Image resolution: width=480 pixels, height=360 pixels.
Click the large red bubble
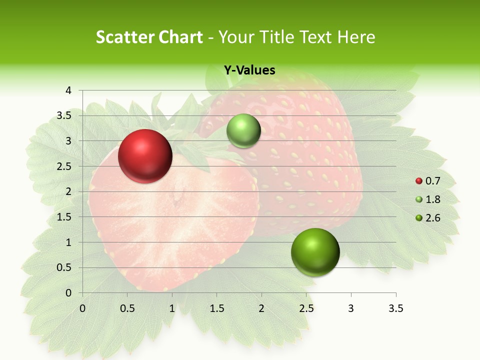click(x=145, y=156)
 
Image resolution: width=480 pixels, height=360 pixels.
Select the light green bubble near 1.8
click(x=243, y=130)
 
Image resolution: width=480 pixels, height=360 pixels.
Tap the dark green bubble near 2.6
click(x=315, y=252)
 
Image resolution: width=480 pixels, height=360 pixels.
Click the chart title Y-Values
click(x=249, y=70)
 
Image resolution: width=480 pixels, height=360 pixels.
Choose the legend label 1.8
click(x=433, y=199)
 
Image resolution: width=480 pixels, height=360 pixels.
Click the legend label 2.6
click(x=433, y=217)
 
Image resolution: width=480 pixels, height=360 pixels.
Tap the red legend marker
click(x=419, y=181)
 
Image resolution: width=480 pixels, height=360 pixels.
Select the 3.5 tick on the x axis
click(x=395, y=308)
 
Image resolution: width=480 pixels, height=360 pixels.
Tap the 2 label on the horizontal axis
click(x=261, y=308)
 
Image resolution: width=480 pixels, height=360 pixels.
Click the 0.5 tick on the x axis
click(x=127, y=308)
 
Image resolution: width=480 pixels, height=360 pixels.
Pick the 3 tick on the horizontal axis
click(x=351, y=308)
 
